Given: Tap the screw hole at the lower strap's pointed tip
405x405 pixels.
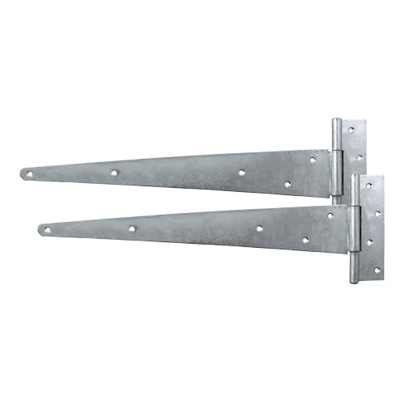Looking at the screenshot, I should coord(46,230).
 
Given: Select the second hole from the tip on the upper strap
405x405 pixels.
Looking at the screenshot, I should coord(114,173).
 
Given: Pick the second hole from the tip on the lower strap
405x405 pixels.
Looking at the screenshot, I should coord(131,228).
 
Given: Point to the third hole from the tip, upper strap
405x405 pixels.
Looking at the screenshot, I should coord(242,173).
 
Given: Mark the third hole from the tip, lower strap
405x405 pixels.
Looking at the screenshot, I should coord(259,228).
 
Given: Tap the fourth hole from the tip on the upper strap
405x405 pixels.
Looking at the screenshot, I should coord(287,184).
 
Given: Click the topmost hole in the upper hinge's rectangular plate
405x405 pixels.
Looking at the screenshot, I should coord(350,129).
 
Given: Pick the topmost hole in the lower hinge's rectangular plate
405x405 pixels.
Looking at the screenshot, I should coord(369,185).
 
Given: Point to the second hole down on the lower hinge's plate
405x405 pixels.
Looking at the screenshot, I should coord(376,213).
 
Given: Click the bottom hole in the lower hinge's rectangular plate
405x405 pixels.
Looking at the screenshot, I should coord(375,270).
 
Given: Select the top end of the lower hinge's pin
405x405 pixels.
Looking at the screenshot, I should coord(355,177).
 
